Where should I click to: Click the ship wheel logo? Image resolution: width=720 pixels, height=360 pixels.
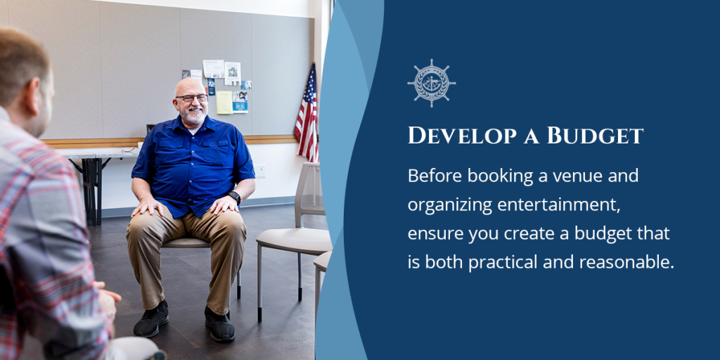431,83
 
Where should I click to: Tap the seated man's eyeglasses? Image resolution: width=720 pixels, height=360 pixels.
191,98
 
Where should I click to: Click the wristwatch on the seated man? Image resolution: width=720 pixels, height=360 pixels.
235,197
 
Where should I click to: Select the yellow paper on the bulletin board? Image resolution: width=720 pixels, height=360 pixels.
224,103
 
